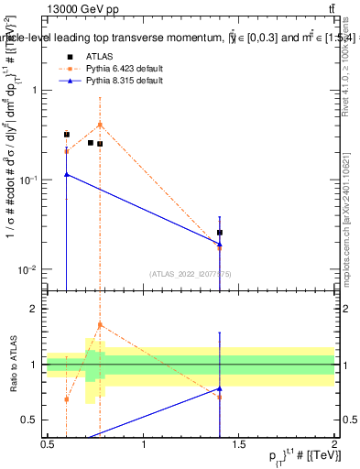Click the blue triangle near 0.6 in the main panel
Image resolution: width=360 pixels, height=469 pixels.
(66, 174)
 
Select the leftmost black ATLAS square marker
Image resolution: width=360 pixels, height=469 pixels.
(66, 135)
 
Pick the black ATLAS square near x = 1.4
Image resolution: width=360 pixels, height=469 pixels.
(220, 233)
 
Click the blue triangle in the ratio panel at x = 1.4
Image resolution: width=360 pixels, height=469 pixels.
(220, 388)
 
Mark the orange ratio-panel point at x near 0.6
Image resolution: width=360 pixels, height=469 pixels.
(66, 399)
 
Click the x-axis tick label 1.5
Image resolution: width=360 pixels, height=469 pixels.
(238, 444)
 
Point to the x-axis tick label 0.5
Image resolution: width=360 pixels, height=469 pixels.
(48, 444)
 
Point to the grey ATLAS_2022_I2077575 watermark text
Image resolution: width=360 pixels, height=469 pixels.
(191, 273)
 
